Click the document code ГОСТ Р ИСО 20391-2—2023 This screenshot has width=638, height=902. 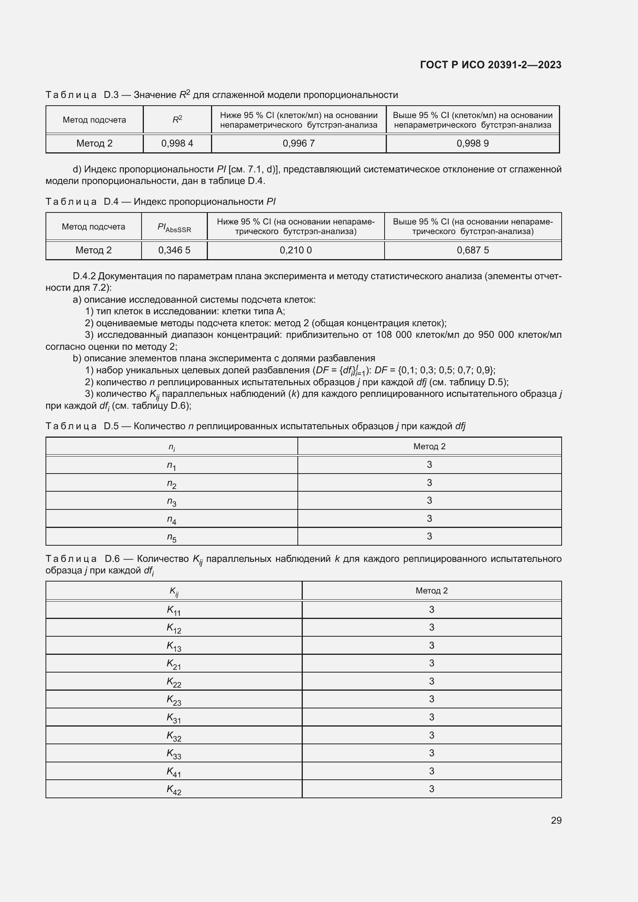tap(490, 65)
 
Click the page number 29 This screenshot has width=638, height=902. tap(556, 820)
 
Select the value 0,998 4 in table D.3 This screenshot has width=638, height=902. tap(177, 143)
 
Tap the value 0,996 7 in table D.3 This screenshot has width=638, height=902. tap(299, 143)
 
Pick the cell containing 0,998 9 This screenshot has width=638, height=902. tap(473, 143)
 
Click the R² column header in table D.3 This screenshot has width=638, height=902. tap(177, 120)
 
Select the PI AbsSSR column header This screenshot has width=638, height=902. tap(174, 227)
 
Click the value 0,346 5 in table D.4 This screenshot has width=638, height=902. tap(174, 250)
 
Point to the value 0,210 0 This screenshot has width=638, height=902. tap(295, 250)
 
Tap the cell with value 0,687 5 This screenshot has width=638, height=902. tap(473, 250)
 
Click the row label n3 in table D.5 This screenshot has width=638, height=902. tap(172, 501)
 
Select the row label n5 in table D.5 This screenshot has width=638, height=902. tap(172, 537)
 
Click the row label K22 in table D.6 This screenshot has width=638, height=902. tap(174, 682)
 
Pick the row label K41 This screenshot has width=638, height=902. tap(174, 772)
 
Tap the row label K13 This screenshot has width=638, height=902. tap(174, 646)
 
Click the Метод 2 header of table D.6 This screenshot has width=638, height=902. tap(431, 591)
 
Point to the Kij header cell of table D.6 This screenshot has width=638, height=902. tap(174, 591)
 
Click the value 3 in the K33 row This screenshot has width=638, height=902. tap(431, 753)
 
